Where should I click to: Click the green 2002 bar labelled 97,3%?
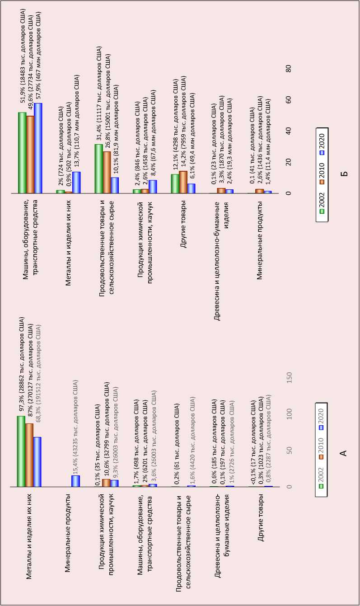point(21,451)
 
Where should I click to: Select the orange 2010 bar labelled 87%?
point(29,455)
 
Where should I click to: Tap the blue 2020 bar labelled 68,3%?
point(37,462)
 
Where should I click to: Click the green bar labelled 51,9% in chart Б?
point(22,153)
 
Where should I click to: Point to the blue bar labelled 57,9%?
point(38,148)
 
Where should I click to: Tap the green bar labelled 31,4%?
point(98,169)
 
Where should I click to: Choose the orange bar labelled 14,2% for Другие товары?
point(183,182)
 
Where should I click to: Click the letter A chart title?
point(343,452)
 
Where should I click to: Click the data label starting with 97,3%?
point(21,366)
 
